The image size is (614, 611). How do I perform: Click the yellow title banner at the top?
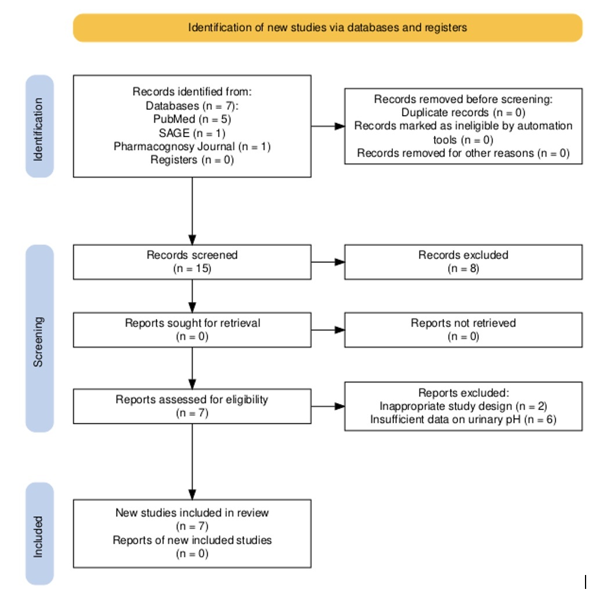tap(328, 28)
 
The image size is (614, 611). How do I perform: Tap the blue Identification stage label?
tap(39, 126)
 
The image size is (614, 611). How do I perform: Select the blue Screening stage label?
tap(39, 339)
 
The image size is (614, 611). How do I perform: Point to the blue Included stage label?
tap(39, 534)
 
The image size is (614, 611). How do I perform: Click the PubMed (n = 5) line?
tap(192, 119)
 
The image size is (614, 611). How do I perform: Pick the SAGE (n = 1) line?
tap(192, 133)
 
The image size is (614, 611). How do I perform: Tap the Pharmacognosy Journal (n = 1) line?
tap(192, 146)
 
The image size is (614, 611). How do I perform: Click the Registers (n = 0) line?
tap(192, 160)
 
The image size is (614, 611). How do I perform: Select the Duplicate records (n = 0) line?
tap(463, 113)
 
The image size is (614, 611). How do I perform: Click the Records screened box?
tap(192, 262)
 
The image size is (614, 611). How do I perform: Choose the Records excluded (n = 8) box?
tap(463, 262)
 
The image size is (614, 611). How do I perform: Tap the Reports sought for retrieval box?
tap(192, 330)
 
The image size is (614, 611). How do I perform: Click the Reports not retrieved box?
tap(463, 330)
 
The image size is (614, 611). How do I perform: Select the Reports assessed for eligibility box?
tap(192, 407)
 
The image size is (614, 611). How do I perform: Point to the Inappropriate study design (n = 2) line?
tap(463, 407)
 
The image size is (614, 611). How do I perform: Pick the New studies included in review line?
tap(192, 513)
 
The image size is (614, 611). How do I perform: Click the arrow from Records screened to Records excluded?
tap(328, 262)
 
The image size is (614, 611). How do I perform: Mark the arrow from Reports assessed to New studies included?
tap(192, 462)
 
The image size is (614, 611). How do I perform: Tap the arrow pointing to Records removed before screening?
tap(328, 126)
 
